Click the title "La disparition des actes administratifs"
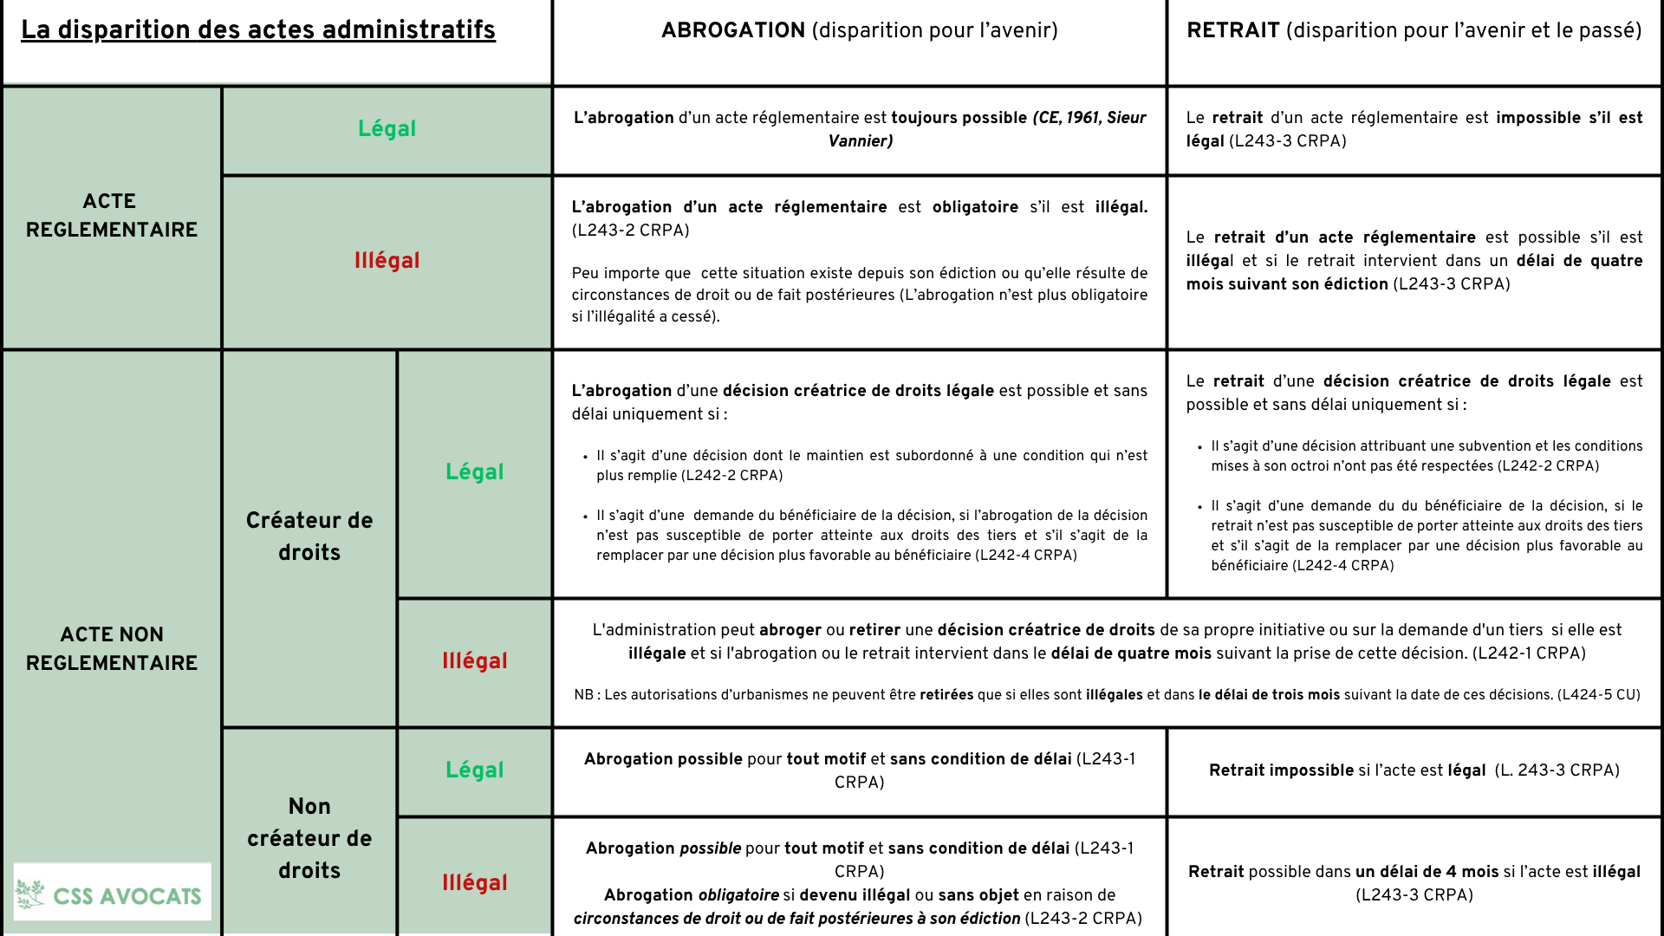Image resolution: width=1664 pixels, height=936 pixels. (x=258, y=30)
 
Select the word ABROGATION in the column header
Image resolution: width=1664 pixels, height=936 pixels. (x=733, y=30)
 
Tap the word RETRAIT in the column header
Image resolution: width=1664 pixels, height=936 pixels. (x=1232, y=30)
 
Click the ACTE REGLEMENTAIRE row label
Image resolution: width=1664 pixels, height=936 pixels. (x=112, y=216)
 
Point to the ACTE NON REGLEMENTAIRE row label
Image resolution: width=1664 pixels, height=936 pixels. (x=112, y=648)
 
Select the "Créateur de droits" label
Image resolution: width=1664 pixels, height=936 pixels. (x=309, y=536)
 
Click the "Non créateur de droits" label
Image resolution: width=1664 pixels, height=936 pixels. (x=309, y=838)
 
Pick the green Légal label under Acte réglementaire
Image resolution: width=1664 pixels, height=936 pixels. (x=387, y=129)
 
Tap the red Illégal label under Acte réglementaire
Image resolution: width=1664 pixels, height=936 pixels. (x=387, y=261)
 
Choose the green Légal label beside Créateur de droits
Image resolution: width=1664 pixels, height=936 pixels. (x=474, y=472)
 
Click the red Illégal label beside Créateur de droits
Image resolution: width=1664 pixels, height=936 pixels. (x=474, y=661)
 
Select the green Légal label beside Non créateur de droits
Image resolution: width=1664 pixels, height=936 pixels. (x=474, y=770)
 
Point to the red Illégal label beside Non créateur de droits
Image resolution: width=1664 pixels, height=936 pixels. (x=474, y=883)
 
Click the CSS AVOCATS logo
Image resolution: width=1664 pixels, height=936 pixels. (x=112, y=894)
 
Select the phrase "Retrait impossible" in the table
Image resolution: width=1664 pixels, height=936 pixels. (x=1281, y=770)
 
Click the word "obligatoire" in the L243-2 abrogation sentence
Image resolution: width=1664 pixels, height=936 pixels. (x=975, y=207)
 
